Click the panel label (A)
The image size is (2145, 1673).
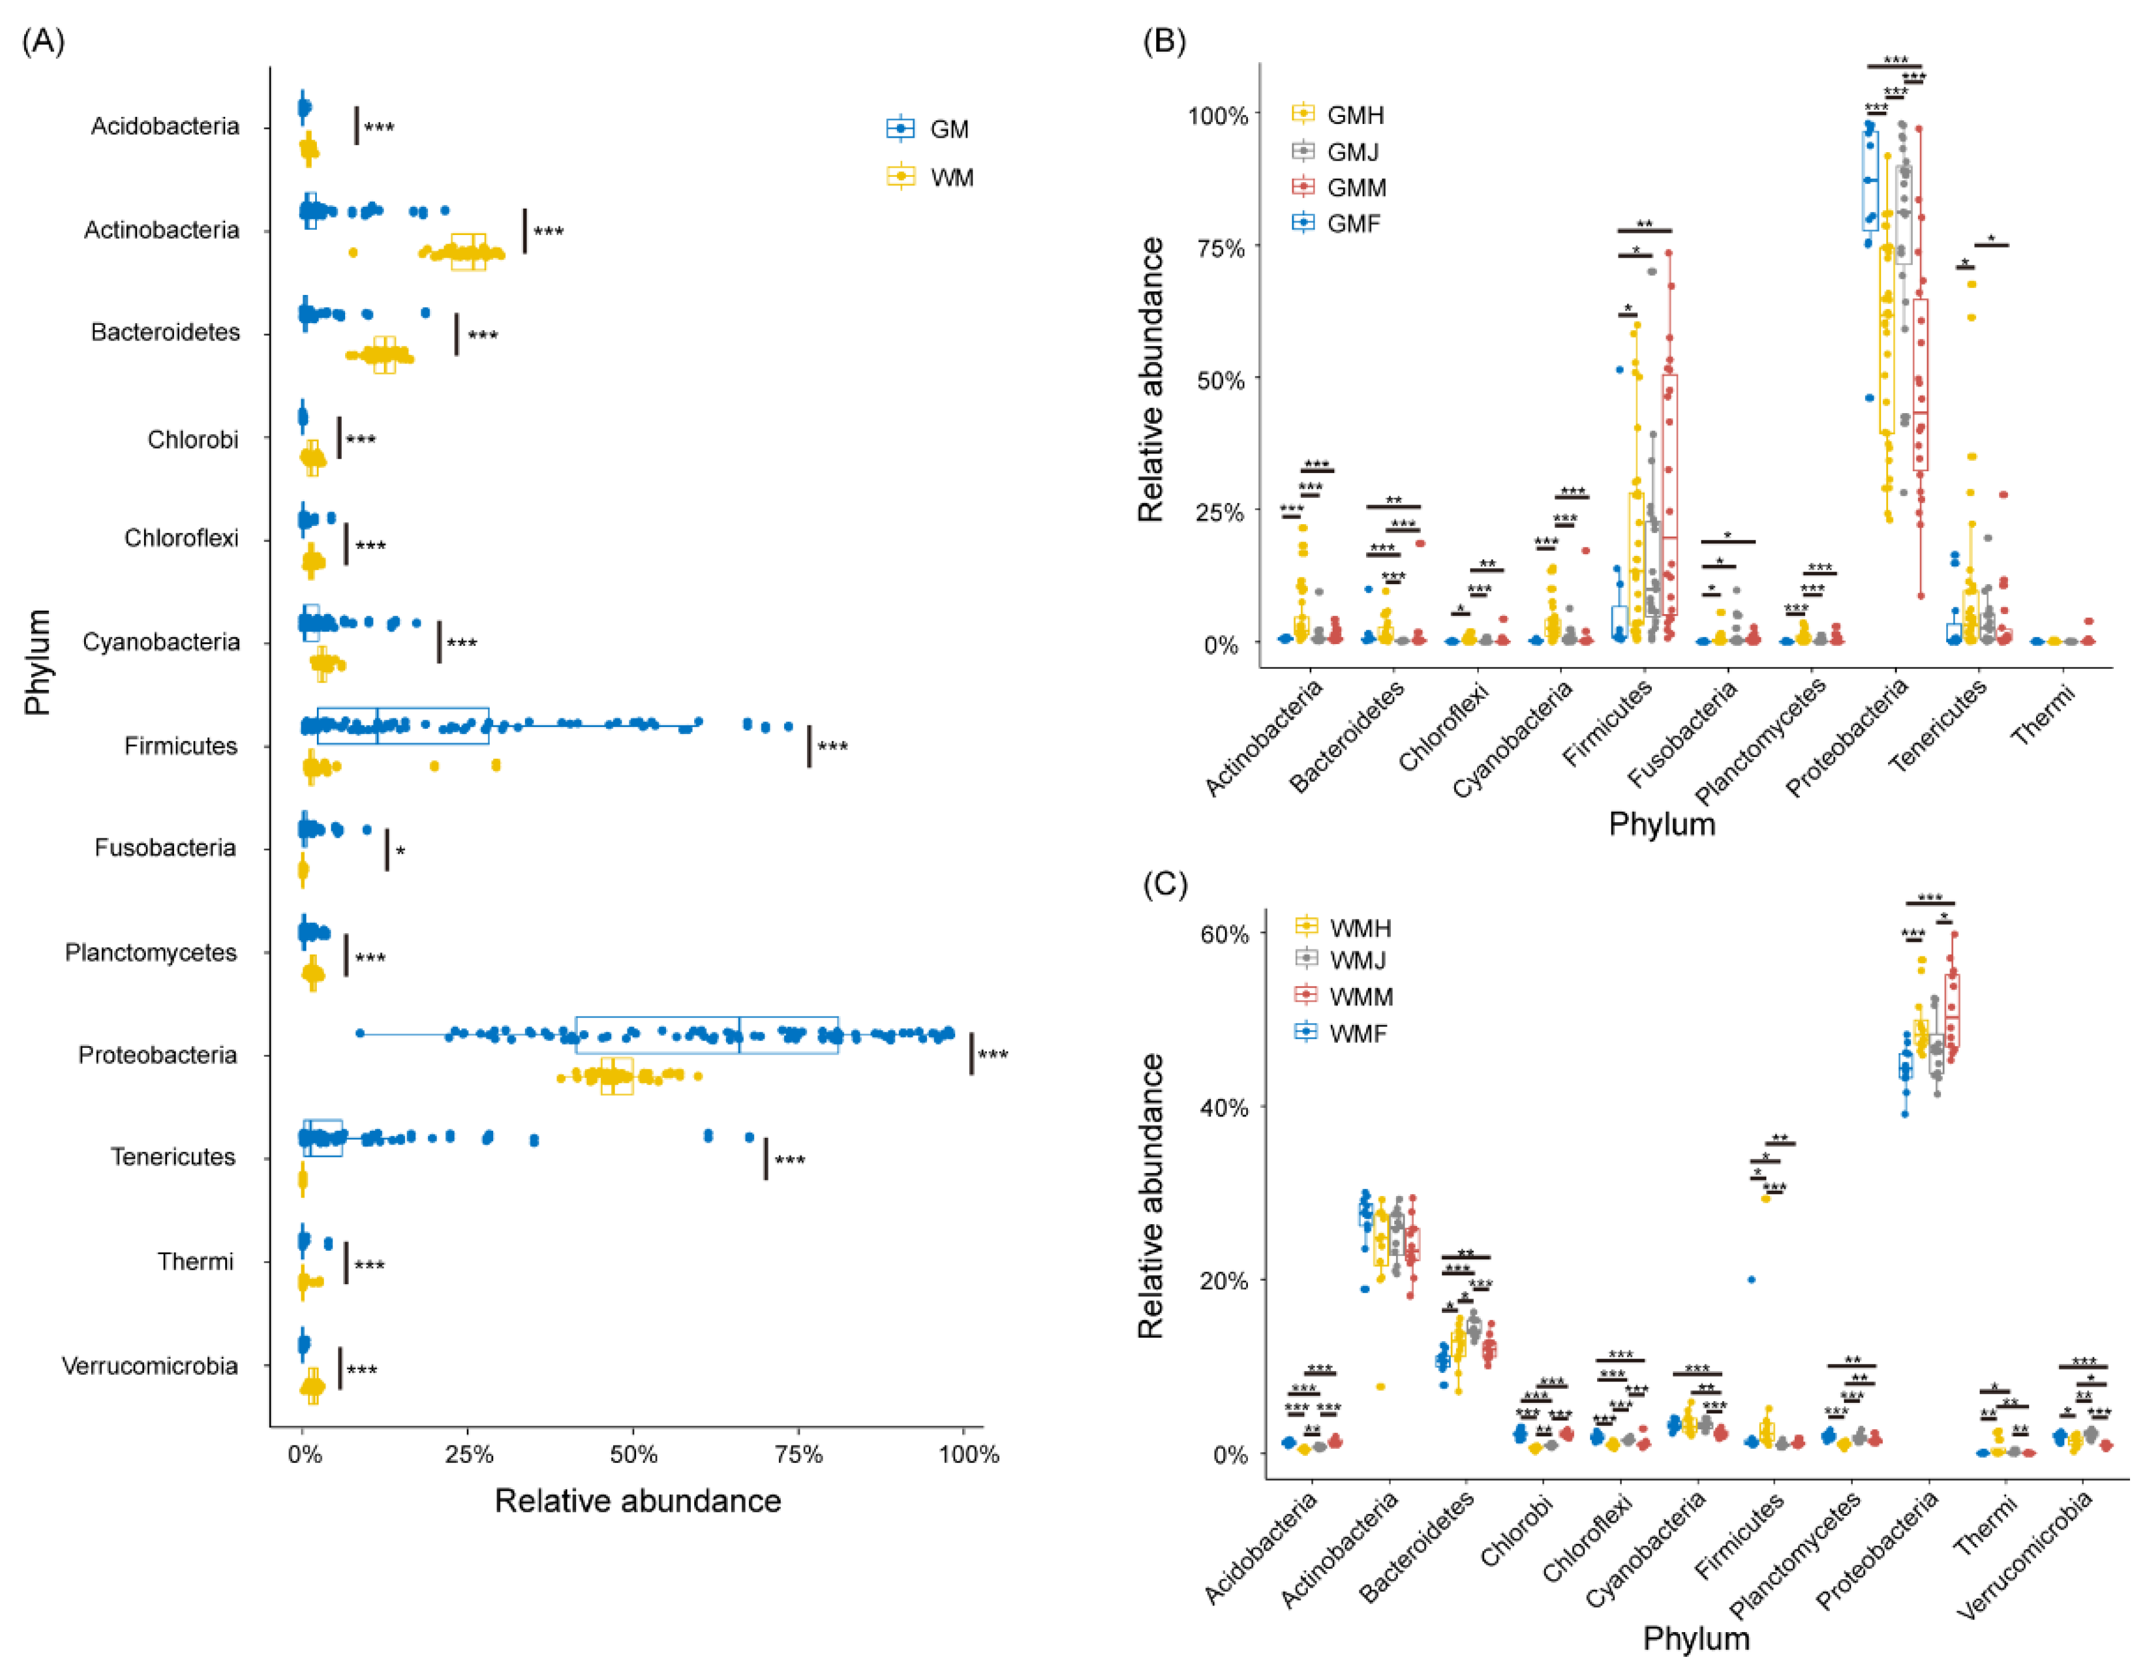tap(43, 41)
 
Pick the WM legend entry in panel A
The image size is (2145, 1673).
tap(928, 177)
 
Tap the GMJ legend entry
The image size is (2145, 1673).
tap(1336, 151)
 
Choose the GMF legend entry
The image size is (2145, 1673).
tap(1336, 224)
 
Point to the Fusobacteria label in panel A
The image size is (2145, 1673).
tap(165, 847)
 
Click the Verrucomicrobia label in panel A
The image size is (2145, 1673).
tap(149, 1366)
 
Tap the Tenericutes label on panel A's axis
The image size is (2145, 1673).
tap(173, 1157)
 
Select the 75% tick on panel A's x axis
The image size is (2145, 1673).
tap(799, 1454)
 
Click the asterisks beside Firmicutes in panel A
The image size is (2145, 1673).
tap(832, 747)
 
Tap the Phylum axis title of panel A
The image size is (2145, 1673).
tap(37, 662)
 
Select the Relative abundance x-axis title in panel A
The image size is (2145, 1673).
tap(637, 1501)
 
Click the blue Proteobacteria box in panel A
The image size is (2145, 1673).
tap(706, 1035)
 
